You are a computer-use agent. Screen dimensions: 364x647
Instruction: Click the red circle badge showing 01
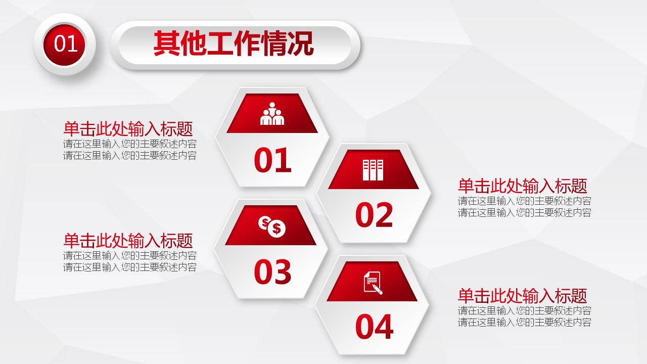coord(66,44)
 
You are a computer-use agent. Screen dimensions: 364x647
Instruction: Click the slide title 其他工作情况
coord(234,44)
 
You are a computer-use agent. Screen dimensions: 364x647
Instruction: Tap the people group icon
coord(272,114)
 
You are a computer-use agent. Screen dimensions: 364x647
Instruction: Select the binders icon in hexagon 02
coord(373,170)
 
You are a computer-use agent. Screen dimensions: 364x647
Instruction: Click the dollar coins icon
coord(272,226)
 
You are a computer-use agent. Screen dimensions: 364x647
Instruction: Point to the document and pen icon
coord(373,282)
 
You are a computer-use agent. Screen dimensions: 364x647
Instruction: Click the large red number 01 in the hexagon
coord(272,160)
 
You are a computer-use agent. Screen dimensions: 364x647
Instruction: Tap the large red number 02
coord(374,215)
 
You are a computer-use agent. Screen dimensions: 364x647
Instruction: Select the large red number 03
coord(272,271)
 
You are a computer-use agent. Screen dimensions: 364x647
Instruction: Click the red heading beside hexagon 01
coord(128,129)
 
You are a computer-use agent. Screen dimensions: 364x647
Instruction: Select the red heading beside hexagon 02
coord(522,186)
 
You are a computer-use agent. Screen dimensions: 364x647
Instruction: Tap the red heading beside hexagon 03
coord(128,240)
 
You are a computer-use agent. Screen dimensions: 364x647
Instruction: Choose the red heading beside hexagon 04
coord(522,296)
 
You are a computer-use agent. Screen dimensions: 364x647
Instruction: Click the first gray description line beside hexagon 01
coord(130,144)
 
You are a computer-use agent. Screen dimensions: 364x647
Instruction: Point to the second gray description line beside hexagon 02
coord(525,212)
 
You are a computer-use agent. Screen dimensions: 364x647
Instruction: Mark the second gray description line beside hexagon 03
coord(130,267)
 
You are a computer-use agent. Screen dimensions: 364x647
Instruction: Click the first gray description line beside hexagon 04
coord(525,310)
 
